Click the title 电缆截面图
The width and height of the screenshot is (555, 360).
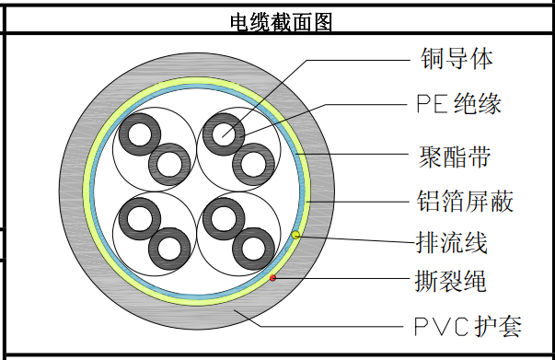point(282,22)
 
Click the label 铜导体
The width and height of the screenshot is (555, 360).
point(457,58)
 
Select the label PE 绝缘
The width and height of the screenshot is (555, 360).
point(458,104)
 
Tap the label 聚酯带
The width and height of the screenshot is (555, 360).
point(455,157)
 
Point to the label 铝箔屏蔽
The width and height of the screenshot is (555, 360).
point(465,201)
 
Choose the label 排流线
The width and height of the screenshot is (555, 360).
point(452,242)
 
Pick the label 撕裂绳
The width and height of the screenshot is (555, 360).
point(451,281)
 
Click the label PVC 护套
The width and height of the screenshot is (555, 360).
point(468,326)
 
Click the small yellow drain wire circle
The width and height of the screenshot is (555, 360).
point(295,235)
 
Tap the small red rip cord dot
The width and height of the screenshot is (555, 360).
point(272,278)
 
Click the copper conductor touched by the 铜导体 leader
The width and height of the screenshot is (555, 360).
point(224,134)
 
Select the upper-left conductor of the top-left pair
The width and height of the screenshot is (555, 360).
point(140,134)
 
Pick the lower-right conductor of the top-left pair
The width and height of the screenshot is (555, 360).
point(169,164)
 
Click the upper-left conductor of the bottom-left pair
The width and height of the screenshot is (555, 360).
point(140,218)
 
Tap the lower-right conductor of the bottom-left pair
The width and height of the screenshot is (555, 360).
point(169,249)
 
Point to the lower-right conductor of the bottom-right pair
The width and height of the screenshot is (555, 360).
point(253,249)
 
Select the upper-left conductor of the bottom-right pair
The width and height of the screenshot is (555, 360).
point(224,218)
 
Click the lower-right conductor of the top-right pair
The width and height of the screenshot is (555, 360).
point(253,164)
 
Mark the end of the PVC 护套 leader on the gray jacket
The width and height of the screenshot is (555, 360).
point(234,310)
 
